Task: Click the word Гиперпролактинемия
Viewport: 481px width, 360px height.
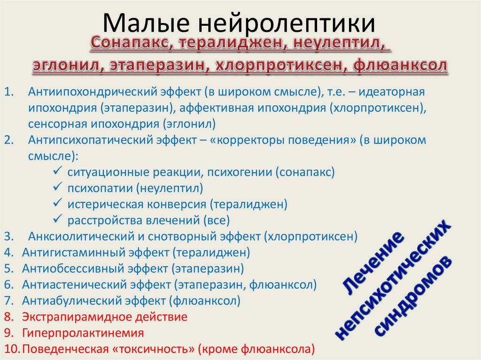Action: pyautogui.click(x=83, y=333)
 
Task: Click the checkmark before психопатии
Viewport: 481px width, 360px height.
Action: pyautogui.click(x=58, y=188)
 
